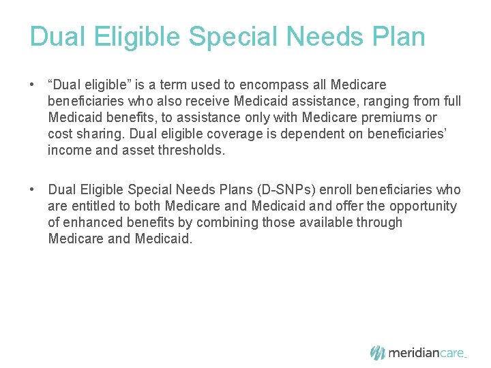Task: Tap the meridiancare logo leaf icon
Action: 378,352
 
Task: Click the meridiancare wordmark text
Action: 426,353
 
